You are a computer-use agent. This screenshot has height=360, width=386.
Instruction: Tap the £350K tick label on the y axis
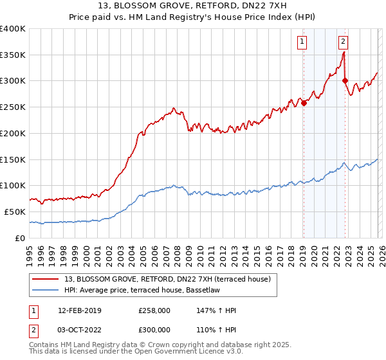pos(13,55)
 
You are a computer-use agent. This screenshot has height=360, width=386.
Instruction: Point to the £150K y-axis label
pos(13,159)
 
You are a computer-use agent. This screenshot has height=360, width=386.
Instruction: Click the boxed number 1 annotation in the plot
pos(302,42)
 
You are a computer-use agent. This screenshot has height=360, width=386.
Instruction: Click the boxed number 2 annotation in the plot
pos(343,42)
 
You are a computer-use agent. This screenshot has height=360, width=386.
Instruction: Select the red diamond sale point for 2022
pos(345,81)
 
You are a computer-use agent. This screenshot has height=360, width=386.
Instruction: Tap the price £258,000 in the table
pos(154,310)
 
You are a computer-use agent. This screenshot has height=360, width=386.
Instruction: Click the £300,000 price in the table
pos(154,328)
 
